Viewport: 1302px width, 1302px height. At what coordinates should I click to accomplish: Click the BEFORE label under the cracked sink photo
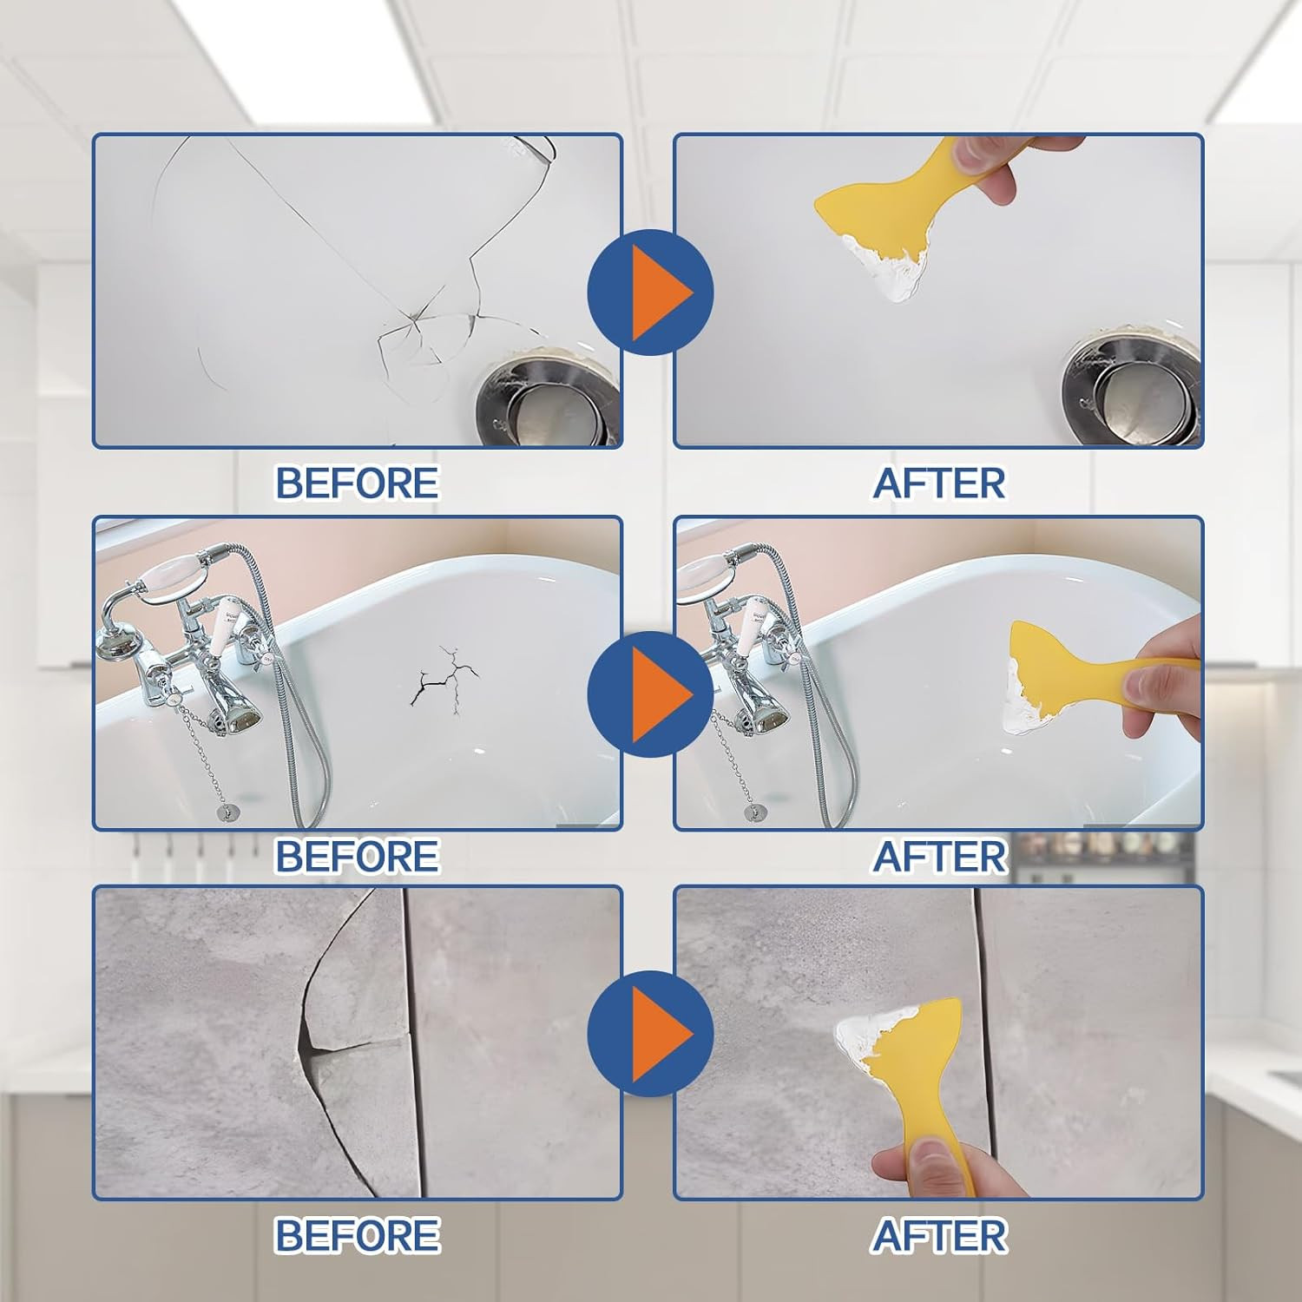[357, 483]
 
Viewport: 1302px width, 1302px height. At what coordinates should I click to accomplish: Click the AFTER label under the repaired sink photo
[939, 483]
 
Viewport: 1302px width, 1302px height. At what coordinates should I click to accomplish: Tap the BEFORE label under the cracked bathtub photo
[357, 856]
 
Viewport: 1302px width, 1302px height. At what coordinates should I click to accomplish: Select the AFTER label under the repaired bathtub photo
[939, 856]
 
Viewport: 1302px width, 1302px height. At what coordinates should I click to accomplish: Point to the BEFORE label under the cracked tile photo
[357, 1234]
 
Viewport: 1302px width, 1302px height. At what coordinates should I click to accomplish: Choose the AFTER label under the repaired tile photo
[939, 1234]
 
